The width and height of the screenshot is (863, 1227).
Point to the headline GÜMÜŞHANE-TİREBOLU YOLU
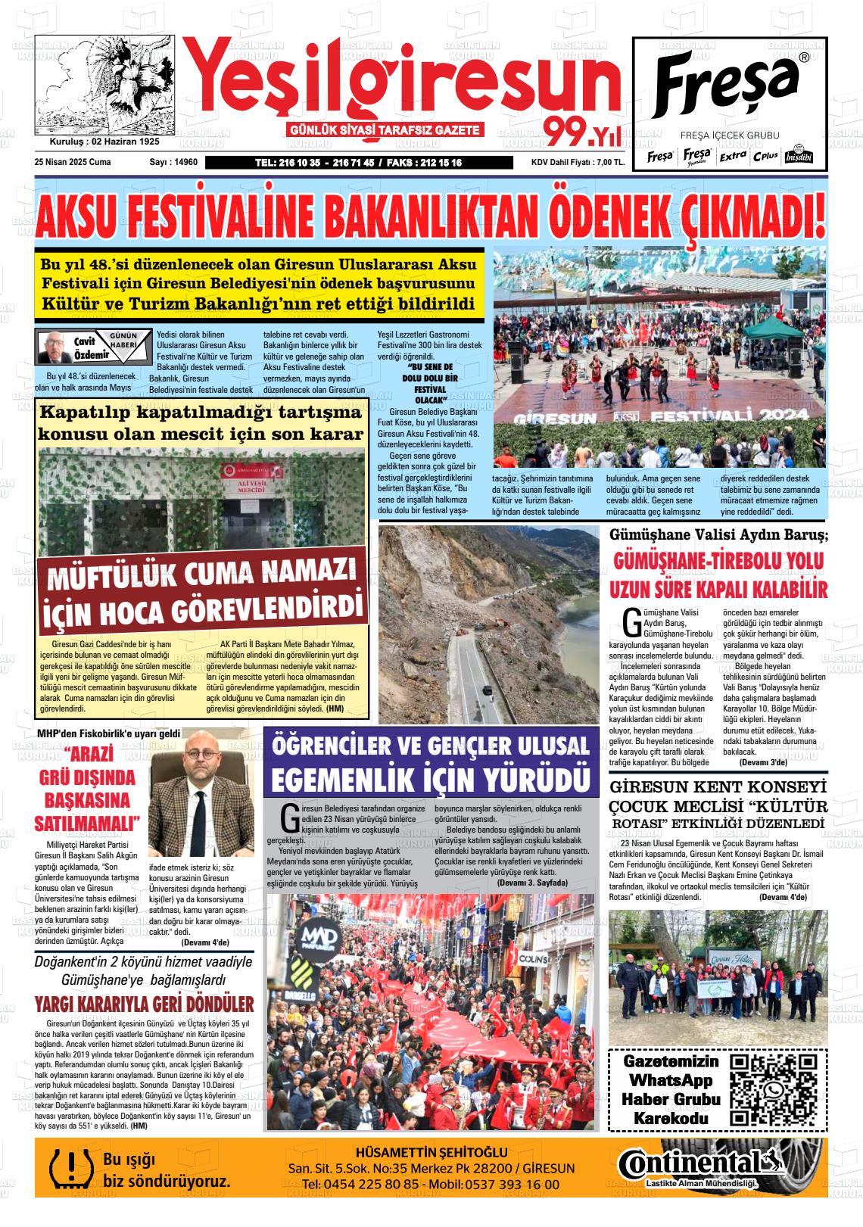718,562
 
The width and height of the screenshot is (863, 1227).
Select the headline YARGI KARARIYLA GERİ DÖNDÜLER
144,1004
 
